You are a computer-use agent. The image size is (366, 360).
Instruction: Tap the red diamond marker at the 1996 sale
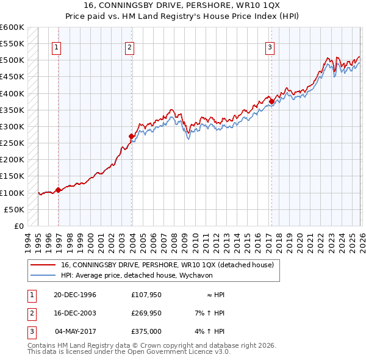click(x=59, y=190)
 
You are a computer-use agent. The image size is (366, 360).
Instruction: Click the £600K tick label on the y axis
click(x=12, y=27)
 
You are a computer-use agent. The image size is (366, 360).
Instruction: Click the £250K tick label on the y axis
click(x=12, y=143)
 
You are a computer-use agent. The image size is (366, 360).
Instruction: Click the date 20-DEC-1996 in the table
click(x=75, y=295)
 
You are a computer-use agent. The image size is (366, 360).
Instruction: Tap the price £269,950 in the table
click(x=146, y=313)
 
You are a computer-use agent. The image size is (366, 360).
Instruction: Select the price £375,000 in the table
click(x=146, y=331)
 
